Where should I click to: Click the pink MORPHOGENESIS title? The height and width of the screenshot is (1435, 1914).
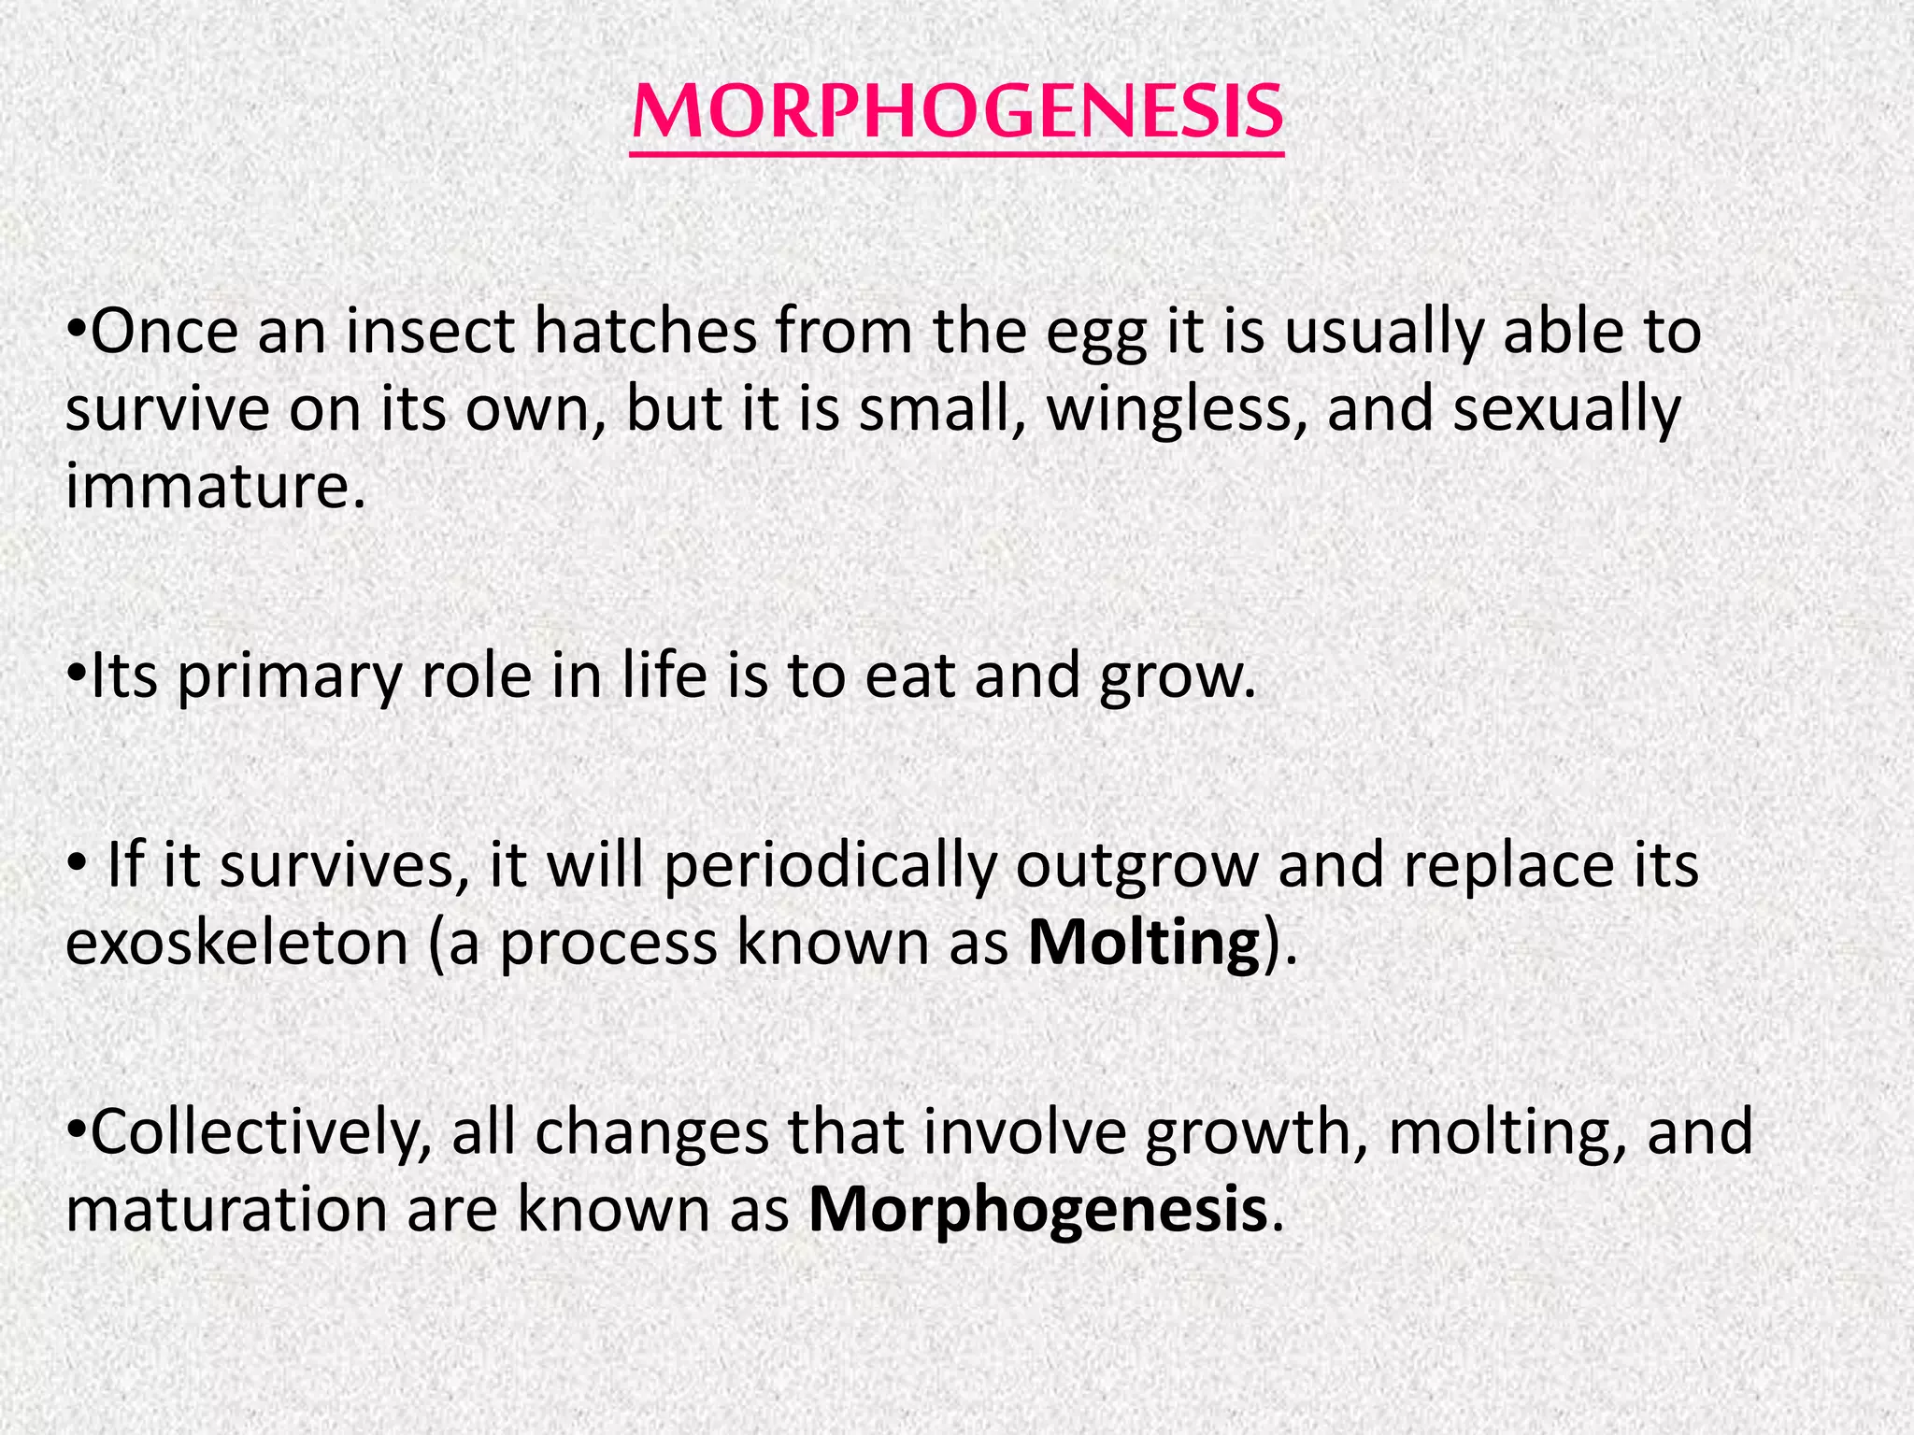click(x=957, y=112)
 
